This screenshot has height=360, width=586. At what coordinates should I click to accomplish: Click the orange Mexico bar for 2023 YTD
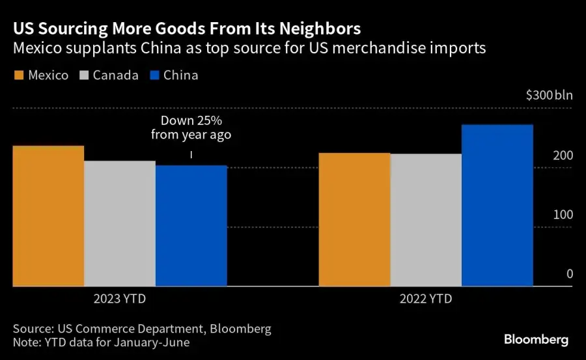click(49, 216)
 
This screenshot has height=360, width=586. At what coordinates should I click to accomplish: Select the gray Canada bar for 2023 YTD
click(120, 223)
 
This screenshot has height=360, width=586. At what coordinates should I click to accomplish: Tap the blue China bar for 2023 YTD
click(191, 226)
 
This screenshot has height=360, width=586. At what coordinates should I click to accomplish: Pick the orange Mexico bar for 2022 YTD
click(354, 219)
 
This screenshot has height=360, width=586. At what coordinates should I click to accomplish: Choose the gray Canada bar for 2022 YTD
click(426, 220)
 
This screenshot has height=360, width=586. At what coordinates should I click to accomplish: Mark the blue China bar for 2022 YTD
click(497, 205)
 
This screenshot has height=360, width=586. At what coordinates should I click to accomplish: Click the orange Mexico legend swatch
click(19, 76)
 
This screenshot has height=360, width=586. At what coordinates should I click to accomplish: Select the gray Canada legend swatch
click(83, 76)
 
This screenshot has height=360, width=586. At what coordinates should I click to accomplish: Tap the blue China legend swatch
click(154, 76)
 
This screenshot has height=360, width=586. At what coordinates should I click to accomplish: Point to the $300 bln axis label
click(549, 96)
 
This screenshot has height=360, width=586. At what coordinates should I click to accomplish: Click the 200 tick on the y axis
click(563, 156)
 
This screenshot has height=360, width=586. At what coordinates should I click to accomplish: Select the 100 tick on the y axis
click(563, 215)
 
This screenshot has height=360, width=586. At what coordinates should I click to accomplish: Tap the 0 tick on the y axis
click(569, 274)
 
